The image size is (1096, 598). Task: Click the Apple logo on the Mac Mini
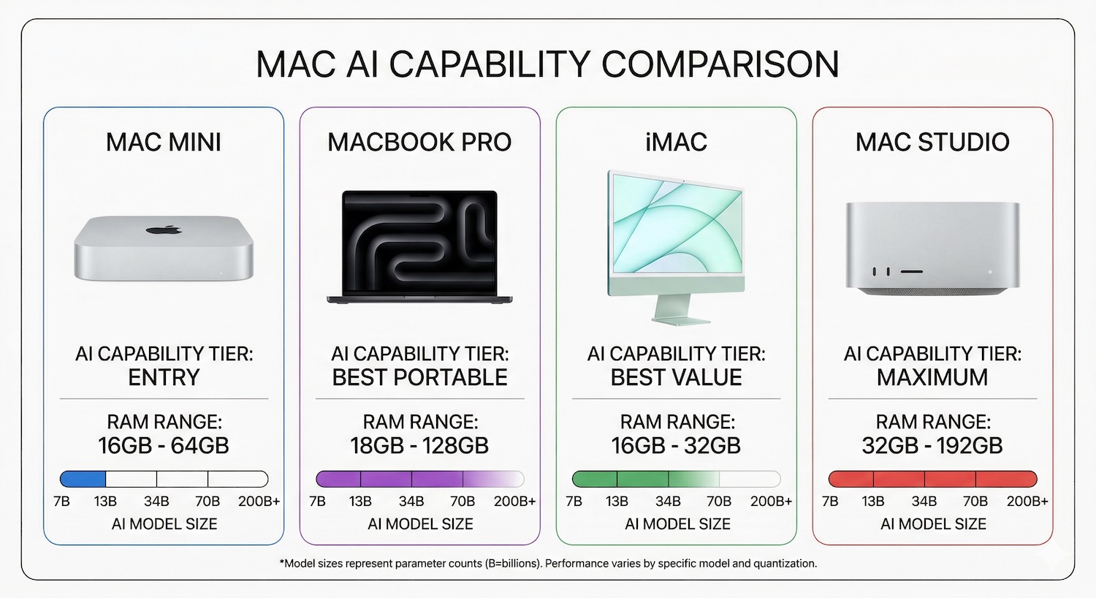164,230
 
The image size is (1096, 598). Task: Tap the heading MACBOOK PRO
419,142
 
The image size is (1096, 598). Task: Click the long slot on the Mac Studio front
911,271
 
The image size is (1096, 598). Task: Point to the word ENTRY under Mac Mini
164,377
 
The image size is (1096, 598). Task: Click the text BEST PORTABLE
419,377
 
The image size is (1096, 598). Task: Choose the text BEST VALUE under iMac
676,377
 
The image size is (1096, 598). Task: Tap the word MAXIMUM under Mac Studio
932,377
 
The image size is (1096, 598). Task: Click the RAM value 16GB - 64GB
164,445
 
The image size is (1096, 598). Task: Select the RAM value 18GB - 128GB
419,445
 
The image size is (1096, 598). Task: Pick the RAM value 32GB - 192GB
932,445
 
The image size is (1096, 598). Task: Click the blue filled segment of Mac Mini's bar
83,480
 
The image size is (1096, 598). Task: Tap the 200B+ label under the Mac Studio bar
1027,502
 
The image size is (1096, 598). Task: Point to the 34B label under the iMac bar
668,502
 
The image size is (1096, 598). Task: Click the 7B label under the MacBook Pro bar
317,502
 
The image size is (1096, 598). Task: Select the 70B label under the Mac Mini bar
208,502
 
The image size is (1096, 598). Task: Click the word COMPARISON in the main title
720,64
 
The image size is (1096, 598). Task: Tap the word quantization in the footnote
788,564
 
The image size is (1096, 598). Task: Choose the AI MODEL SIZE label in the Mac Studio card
933,524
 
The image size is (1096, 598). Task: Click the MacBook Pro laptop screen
419,243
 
